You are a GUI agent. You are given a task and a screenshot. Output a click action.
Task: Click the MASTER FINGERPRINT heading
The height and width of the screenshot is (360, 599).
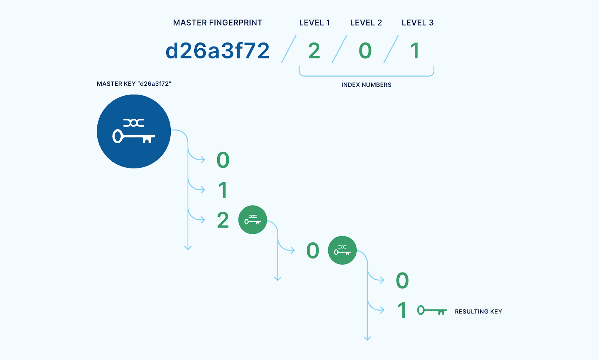click(x=218, y=23)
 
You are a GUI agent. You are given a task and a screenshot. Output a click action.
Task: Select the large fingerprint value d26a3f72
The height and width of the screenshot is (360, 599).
click(x=218, y=51)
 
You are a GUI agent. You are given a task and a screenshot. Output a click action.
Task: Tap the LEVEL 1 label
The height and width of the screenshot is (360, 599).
click(x=314, y=23)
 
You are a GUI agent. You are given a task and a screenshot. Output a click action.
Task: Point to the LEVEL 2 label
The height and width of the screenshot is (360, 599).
click(x=366, y=23)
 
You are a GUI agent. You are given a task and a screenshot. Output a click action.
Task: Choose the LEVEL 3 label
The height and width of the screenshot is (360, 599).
click(x=417, y=23)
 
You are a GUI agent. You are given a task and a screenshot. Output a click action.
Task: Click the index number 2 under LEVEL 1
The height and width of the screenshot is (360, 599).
click(x=314, y=51)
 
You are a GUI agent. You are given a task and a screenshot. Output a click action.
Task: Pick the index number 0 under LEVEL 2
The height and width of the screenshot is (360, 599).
click(x=365, y=51)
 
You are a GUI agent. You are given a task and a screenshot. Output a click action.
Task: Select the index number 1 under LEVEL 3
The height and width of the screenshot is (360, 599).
click(x=414, y=51)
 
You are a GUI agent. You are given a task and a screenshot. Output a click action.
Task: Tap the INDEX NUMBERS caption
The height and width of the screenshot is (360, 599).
click(x=366, y=85)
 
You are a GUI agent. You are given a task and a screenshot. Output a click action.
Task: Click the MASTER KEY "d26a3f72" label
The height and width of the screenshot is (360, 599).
click(x=134, y=84)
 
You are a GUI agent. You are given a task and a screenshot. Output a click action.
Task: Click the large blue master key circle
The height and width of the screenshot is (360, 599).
click(x=134, y=131)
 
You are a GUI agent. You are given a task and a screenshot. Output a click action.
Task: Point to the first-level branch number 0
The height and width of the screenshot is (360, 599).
click(x=223, y=160)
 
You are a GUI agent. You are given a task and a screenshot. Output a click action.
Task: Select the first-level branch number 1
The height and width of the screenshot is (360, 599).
click(x=223, y=190)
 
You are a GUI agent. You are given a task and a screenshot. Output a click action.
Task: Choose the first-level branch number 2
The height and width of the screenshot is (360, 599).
click(x=223, y=220)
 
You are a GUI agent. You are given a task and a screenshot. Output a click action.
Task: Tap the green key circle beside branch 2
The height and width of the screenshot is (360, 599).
click(x=253, y=220)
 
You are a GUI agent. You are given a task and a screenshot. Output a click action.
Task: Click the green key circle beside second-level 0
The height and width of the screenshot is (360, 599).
click(x=342, y=250)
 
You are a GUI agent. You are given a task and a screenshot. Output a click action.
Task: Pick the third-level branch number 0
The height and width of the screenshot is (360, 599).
click(x=402, y=281)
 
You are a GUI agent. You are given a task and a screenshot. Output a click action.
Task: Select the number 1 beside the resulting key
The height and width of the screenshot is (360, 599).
click(x=402, y=311)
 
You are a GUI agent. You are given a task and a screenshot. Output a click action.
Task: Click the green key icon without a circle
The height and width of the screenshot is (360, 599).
click(x=432, y=311)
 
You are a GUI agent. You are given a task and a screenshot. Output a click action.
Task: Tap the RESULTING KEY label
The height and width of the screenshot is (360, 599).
click(x=478, y=312)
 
